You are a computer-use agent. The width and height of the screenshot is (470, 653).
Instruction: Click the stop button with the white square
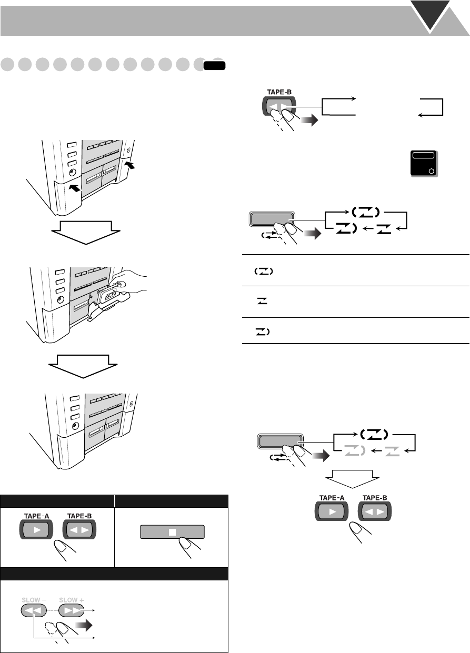tap(171, 533)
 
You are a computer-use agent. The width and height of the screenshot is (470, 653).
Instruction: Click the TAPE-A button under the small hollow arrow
tap(331, 511)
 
